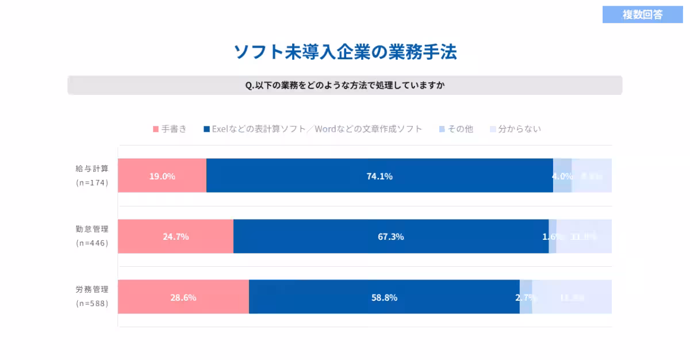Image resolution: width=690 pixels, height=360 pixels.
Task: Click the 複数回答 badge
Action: (642, 15)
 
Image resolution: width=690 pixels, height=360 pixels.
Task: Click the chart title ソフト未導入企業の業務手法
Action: (345, 52)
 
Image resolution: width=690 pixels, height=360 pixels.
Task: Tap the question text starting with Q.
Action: (345, 85)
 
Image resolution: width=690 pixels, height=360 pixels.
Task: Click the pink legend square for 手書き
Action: (155, 129)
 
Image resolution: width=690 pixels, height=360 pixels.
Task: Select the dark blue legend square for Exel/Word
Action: (206, 129)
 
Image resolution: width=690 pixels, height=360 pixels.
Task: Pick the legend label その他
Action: (460, 129)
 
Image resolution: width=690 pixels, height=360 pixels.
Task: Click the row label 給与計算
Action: (92, 168)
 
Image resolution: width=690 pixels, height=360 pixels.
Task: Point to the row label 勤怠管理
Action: (92, 229)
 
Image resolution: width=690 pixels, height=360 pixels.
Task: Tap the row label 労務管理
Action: (92, 289)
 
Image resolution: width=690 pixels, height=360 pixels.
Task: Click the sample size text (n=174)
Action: (92, 183)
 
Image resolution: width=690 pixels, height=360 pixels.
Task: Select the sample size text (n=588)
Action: (92, 303)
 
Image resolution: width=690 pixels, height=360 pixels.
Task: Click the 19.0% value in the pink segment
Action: (162, 176)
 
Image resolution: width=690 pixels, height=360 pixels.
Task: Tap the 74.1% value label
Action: (379, 176)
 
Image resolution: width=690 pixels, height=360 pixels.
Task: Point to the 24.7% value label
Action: (175, 236)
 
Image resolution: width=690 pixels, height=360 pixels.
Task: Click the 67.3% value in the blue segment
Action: (390, 236)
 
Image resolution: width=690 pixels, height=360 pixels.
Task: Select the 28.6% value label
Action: (183, 297)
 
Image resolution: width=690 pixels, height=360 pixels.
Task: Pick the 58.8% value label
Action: (384, 297)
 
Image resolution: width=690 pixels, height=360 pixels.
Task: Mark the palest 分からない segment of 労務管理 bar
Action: (572, 297)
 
